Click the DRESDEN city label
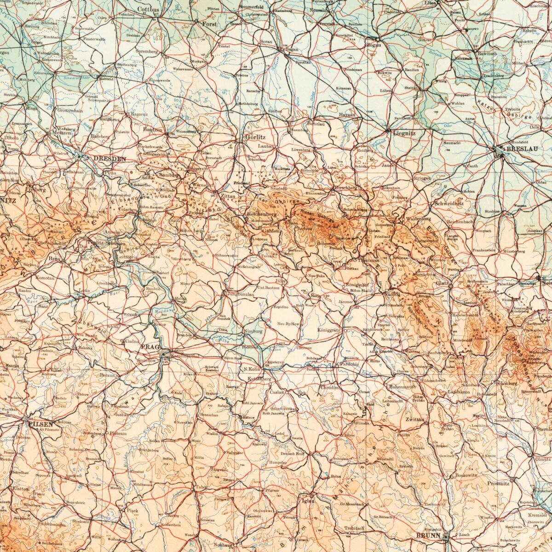(x=109, y=158)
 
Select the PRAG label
(x=149, y=346)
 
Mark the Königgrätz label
(x=328, y=330)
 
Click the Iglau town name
(x=308, y=501)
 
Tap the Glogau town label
(x=372, y=45)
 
